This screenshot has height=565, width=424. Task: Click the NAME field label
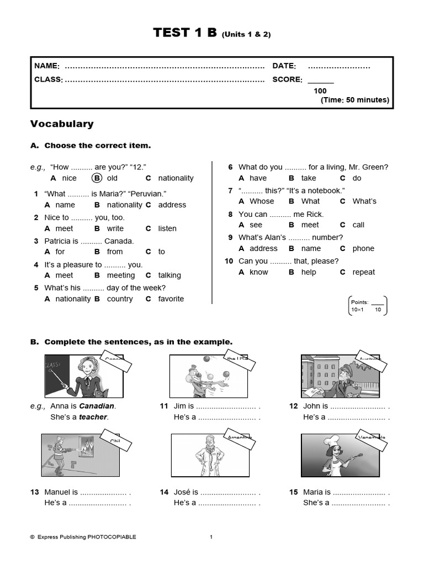47,66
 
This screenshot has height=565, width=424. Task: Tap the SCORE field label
287,79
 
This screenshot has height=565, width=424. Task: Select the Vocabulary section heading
62,124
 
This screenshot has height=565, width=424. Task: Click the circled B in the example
97,178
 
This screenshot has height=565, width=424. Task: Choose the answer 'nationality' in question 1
124,205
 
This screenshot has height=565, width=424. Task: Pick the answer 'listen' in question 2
167,228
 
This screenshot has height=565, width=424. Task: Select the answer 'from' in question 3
115,252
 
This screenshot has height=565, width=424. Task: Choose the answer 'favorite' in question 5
171,299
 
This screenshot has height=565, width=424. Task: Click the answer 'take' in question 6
309,178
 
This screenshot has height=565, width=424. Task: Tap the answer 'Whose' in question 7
261,201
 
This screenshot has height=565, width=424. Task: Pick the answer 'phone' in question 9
363,249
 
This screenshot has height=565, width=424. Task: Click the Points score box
368,306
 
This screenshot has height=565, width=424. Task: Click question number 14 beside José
164,492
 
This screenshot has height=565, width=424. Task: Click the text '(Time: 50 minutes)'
354,100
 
